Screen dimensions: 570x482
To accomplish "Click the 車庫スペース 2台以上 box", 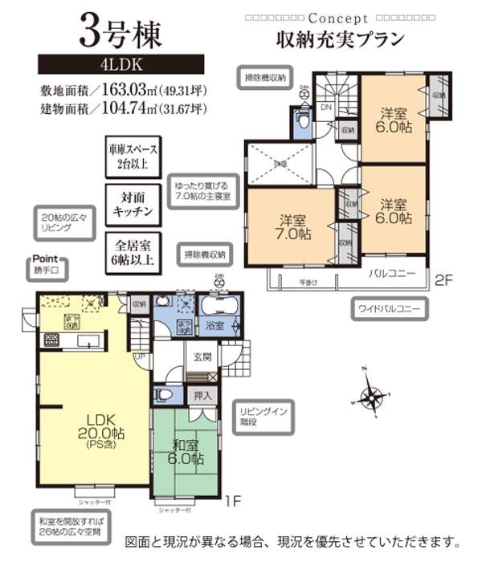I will (x=133, y=157).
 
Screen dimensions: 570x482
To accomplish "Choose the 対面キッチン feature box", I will (x=133, y=205).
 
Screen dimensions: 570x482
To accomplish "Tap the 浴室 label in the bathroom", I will (x=214, y=327).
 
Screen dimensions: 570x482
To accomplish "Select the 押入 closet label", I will (x=203, y=395).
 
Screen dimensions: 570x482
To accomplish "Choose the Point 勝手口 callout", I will (x=50, y=266).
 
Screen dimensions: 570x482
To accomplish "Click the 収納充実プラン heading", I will (x=338, y=38).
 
